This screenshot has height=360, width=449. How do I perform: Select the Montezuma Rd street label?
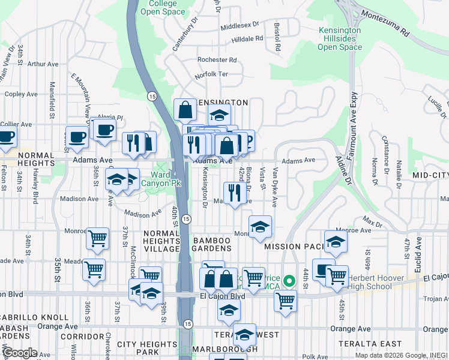[401, 20]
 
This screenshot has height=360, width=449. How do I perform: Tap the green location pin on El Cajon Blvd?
[289, 281]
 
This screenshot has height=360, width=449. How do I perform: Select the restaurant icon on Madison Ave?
[235, 192]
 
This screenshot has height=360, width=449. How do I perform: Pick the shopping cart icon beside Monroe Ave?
[97, 238]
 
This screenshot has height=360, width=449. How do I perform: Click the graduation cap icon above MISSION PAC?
[260, 226]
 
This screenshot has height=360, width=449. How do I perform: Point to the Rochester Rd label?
[217, 60]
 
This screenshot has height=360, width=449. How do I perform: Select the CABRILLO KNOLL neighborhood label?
[35, 317]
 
